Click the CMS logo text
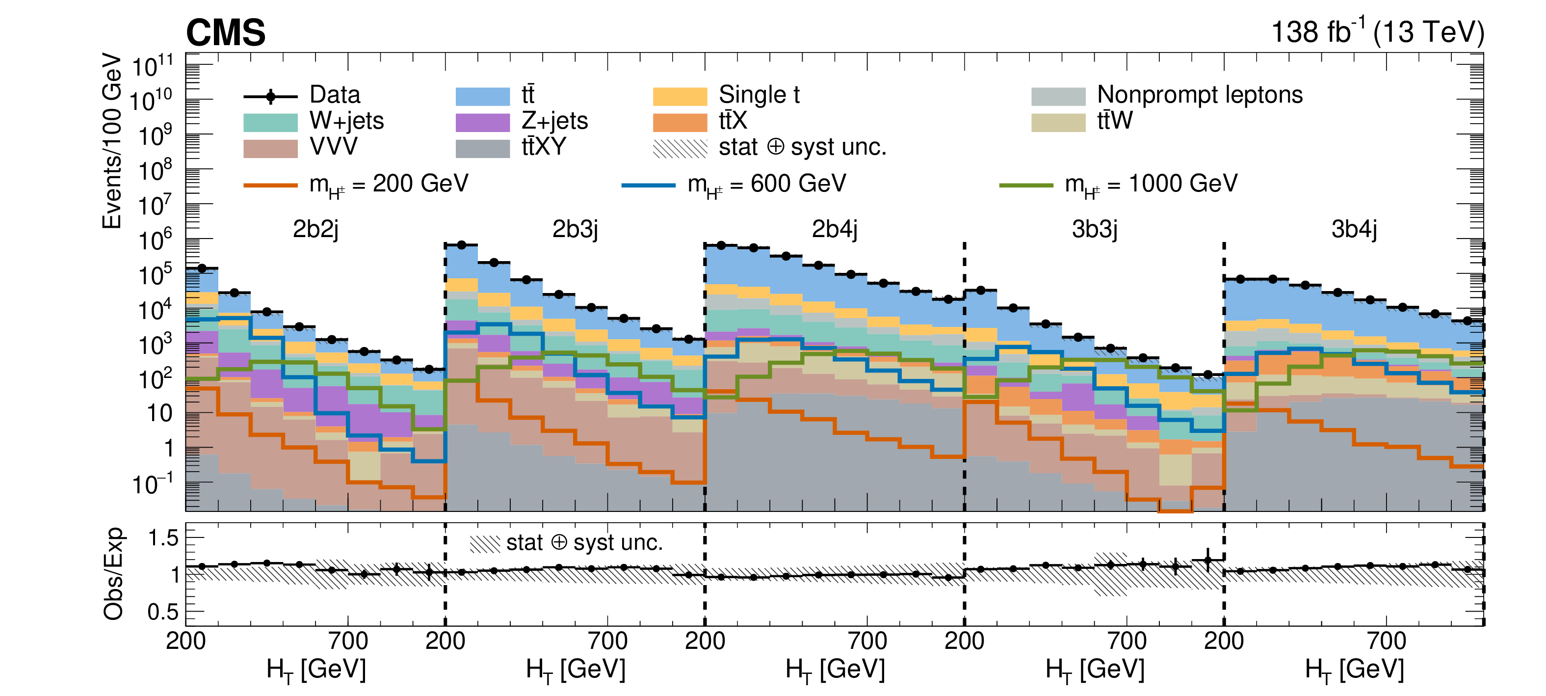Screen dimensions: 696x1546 [226, 32]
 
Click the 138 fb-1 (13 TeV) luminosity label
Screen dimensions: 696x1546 [1377, 32]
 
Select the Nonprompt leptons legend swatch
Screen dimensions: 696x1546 [1058, 96]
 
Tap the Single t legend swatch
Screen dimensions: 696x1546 [680, 96]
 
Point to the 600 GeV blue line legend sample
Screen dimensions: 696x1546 [648, 185]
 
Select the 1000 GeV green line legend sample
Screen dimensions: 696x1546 [1025, 185]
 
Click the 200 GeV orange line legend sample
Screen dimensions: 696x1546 [270, 185]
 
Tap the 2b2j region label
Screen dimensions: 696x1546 [315, 229]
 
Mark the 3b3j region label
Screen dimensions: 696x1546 [1095, 229]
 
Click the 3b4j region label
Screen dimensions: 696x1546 [1354, 229]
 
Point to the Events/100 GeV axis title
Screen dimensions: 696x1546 [112, 141]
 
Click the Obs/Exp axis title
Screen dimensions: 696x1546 [113, 573]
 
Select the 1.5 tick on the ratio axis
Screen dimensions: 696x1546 [163, 538]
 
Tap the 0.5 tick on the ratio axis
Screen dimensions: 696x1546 [163, 612]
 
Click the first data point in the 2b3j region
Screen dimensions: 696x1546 [462, 245]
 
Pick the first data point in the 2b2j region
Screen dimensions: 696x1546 [202, 268]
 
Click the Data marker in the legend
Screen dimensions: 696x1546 [271, 96]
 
